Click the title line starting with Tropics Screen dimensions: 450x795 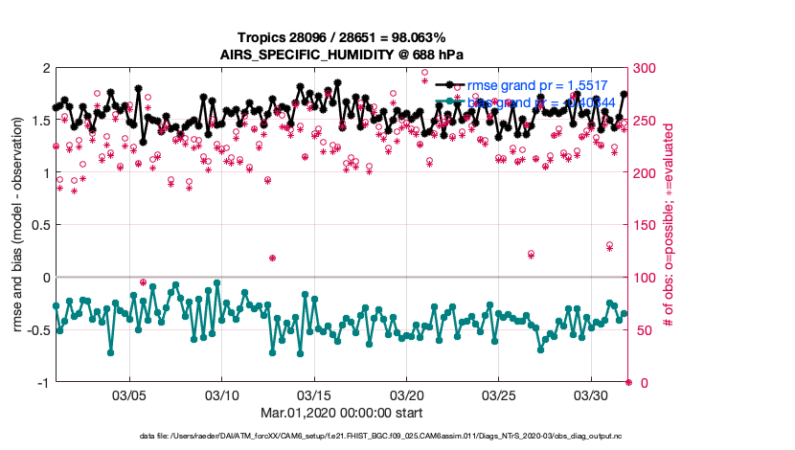(342, 37)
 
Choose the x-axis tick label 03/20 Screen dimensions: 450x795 (407, 394)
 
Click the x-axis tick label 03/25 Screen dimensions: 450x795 (499, 394)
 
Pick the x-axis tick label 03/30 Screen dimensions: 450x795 (591, 394)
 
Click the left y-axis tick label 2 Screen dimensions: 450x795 (45, 69)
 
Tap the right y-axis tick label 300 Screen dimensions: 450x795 (643, 69)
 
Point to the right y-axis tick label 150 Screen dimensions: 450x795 (643, 226)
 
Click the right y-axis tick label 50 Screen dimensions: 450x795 (639, 330)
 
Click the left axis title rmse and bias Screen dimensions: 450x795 (18, 226)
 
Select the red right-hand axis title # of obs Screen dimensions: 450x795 (669, 226)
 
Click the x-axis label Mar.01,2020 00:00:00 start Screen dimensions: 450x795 (342, 414)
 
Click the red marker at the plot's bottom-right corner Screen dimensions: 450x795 (628, 382)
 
